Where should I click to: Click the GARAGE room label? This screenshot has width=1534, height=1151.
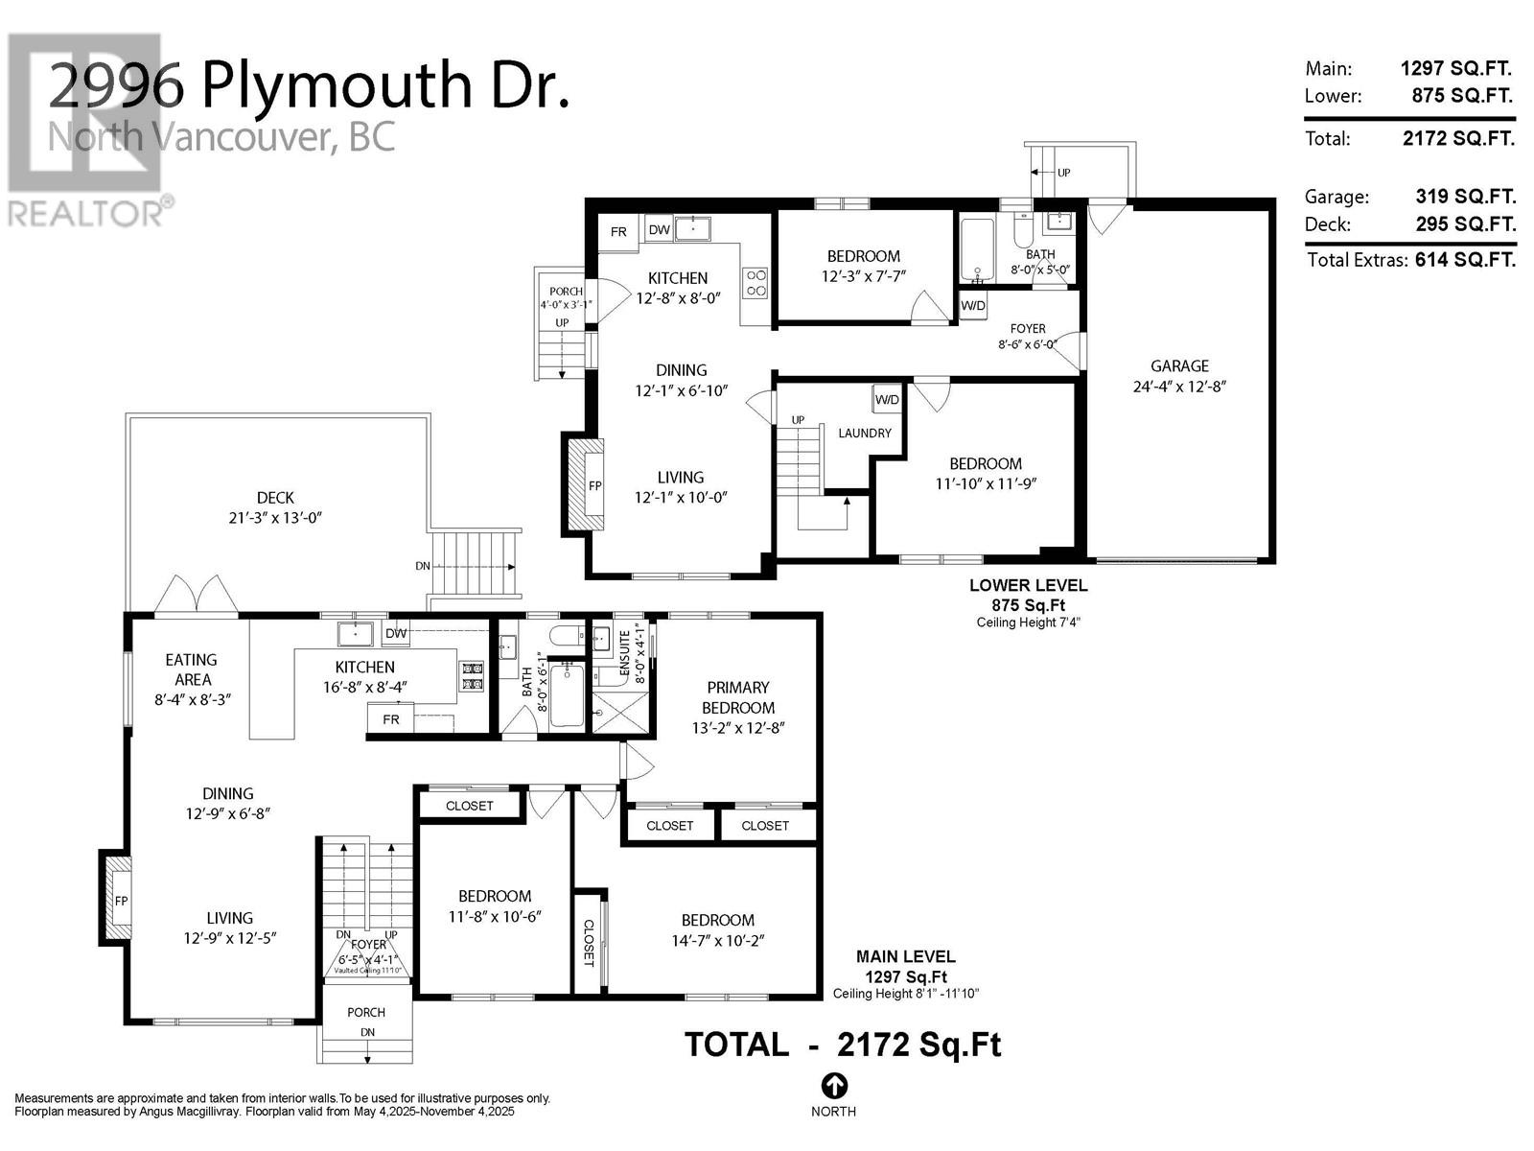(1179, 365)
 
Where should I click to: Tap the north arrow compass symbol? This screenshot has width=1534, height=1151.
(833, 1086)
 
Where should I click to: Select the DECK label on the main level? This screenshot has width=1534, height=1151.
(275, 498)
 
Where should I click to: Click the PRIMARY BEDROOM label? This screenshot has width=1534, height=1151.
(738, 697)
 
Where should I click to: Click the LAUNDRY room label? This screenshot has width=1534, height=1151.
(865, 434)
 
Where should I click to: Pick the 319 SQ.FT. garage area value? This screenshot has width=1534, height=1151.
(1466, 197)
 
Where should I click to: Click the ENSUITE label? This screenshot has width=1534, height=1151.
(625, 656)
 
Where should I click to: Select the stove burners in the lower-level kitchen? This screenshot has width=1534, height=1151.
(756, 282)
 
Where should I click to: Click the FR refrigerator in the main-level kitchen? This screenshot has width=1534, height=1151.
(390, 719)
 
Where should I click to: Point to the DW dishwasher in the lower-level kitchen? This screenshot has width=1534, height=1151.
(659, 229)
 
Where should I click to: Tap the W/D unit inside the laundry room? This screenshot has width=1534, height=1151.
(887, 400)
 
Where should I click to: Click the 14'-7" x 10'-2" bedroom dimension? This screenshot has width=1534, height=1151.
(718, 941)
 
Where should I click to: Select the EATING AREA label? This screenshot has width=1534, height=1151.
(192, 669)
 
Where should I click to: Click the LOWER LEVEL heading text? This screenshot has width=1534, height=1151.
(1028, 586)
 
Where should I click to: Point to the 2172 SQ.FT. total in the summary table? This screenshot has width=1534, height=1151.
(1458, 138)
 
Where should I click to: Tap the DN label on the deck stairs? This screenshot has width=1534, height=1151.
(422, 566)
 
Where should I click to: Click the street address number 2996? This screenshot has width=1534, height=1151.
(117, 85)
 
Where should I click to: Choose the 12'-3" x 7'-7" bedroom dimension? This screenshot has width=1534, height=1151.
(863, 276)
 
